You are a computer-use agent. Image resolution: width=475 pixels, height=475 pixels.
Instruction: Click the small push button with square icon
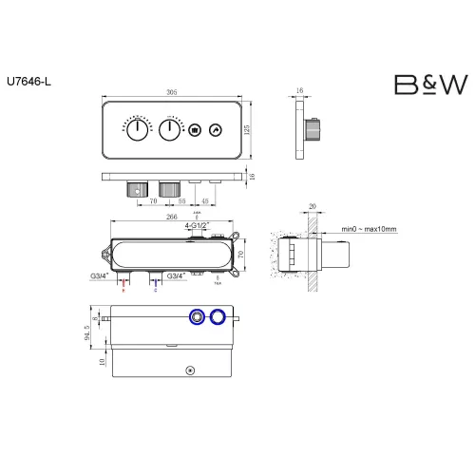195,130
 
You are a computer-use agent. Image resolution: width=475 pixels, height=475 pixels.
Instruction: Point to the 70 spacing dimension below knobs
152,201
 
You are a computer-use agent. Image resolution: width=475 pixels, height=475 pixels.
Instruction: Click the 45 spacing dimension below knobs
204,201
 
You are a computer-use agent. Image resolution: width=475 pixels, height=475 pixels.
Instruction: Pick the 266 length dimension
171,217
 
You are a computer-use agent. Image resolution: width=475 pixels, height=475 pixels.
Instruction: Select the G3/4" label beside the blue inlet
177,275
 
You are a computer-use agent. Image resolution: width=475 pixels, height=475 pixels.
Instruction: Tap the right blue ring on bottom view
219,317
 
